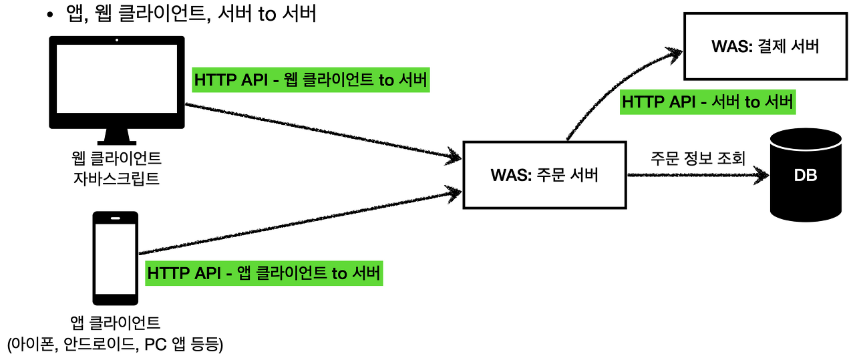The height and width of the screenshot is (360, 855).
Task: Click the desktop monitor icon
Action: pyautogui.click(x=117, y=83)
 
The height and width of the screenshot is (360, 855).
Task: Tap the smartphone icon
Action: pyautogui.click(x=116, y=258)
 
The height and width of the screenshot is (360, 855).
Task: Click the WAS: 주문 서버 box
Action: pyautogui.click(x=544, y=176)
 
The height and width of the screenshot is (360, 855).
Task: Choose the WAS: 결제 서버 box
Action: pyautogui.click(x=765, y=47)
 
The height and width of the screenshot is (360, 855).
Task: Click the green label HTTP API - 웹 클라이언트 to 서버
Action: pyautogui.click(x=311, y=81)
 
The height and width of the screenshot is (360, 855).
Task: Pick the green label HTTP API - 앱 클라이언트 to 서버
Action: pyautogui.click(x=265, y=273)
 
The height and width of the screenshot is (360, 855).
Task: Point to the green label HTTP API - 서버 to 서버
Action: pyautogui.click(x=707, y=102)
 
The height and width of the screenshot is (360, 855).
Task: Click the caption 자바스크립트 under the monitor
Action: pyautogui.click(x=116, y=178)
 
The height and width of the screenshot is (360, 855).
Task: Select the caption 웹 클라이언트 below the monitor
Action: pyautogui.click(x=116, y=160)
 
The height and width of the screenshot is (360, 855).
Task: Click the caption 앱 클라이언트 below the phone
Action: pyautogui.click(x=116, y=324)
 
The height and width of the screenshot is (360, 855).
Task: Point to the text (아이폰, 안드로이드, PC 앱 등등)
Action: pyautogui.click(x=115, y=345)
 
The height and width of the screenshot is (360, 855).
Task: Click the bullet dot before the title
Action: pyautogui.click(x=49, y=15)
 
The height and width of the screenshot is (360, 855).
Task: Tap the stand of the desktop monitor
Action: pyautogui.click(x=117, y=136)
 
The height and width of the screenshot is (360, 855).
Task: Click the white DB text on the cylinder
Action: pyautogui.click(x=805, y=176)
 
